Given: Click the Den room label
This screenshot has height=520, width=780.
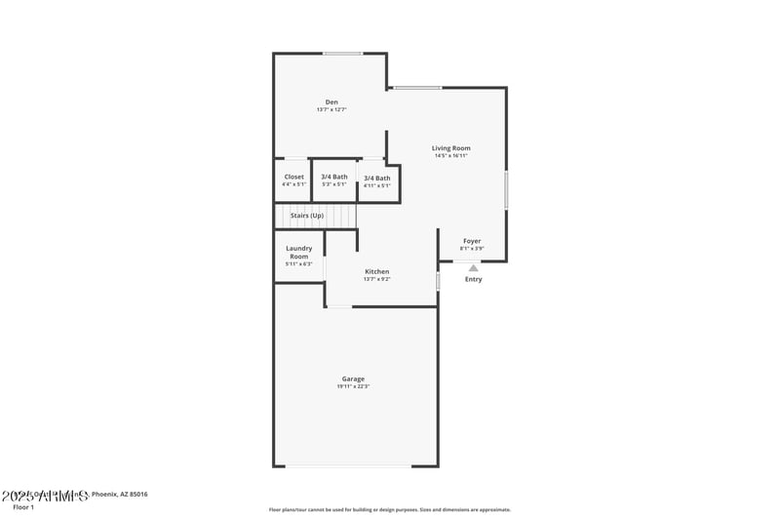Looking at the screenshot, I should (x=331, y=101).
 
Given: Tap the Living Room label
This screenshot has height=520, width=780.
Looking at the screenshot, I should (x=451, y=148).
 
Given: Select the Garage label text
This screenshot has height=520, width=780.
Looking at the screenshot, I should (x=353, y=379).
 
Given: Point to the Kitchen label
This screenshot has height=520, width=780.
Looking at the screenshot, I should (x=377, y=271).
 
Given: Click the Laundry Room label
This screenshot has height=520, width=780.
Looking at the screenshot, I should (x=299, y=252).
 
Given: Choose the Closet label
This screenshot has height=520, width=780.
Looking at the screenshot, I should (x=293, y=177).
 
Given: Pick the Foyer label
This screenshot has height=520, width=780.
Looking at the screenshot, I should (x=472, y=241).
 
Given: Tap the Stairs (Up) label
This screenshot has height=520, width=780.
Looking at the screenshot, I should (x=307, y=215).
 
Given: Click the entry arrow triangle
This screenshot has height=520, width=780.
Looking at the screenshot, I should (x=473, y=266).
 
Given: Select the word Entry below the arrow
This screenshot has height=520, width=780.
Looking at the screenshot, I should (x=473, y=279).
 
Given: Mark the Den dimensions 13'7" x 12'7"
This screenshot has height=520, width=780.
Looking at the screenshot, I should (x=331, y=109).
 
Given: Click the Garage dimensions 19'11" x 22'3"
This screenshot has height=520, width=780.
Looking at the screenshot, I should (x=353, y=386).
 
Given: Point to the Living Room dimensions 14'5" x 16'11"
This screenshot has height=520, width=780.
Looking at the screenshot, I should (x=451, y=156).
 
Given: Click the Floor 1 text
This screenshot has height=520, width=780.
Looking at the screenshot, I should (x=23, y=507).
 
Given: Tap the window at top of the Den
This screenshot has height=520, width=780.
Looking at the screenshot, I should (x=343, y=54).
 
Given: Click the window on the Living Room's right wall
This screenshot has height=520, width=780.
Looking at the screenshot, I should (x=506, y=189).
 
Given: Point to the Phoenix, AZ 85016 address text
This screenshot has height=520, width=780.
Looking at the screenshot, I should (x=119, y=495).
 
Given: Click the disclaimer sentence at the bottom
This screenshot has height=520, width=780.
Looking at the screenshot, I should (x=389, y=509).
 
